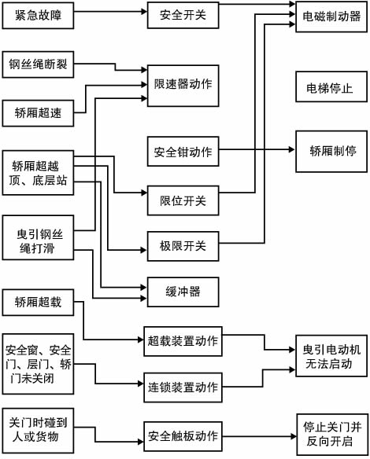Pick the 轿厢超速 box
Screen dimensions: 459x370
(38, 112)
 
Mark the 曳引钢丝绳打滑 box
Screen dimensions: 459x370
(39, 241)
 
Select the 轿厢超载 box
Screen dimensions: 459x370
(38, 303)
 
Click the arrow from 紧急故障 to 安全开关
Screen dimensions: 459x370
(111, 16)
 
